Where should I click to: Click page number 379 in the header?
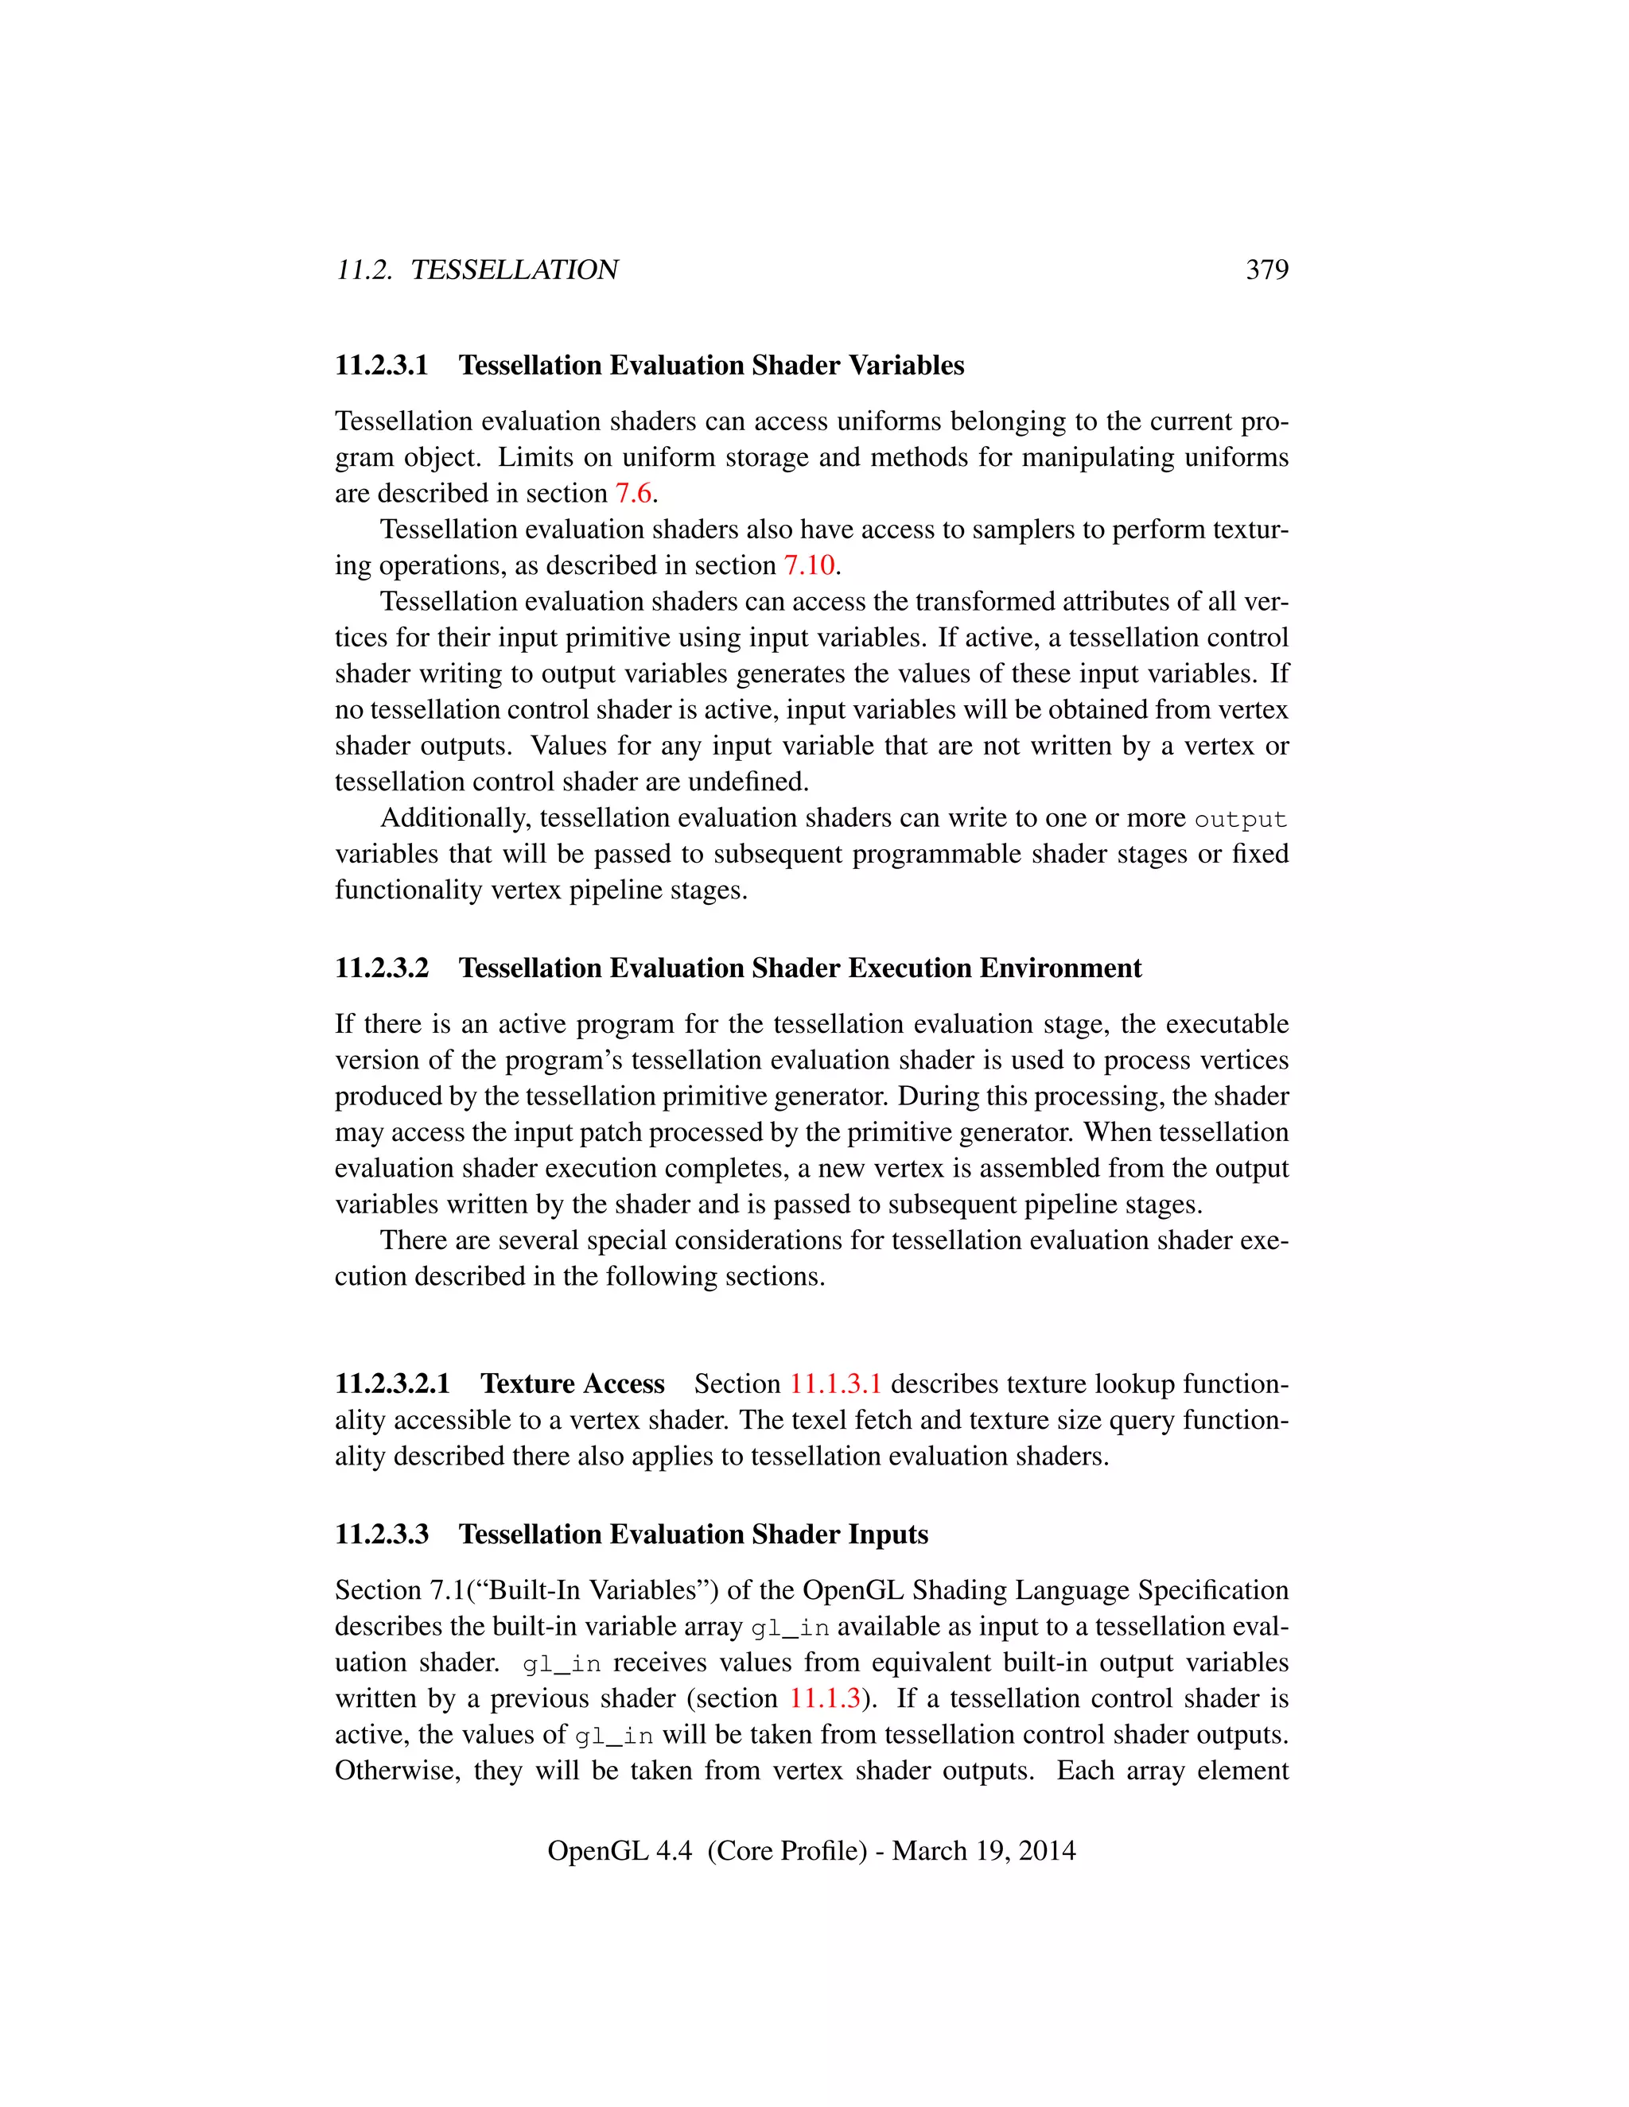point(1266,270)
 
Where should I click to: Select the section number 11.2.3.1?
point(381,366)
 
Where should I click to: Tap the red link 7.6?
point(634,493)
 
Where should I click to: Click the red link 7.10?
point(809,565)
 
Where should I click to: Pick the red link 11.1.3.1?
point(834,1383)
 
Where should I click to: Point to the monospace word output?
point(1240,819)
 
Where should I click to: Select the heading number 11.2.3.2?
point(381,968)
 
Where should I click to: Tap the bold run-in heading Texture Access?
point(572,1383)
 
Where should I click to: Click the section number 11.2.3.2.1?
point(393,1383)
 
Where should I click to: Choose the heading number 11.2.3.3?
point(381,1534)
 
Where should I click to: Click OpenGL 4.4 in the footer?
point(620,1850)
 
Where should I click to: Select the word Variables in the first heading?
point(906,366)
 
